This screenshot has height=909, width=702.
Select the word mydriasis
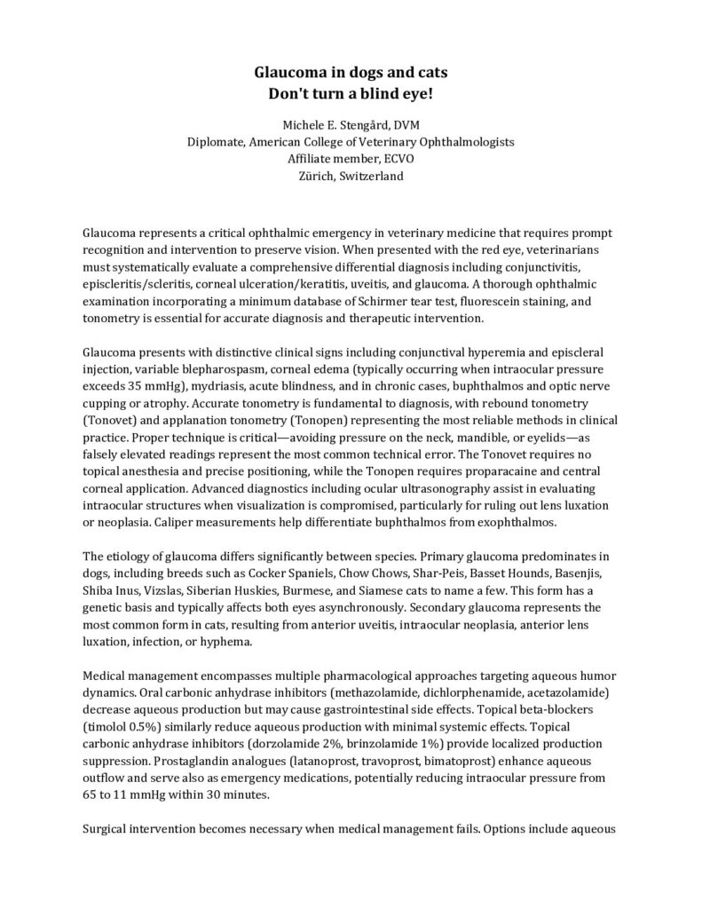click(x=222, y=387)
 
